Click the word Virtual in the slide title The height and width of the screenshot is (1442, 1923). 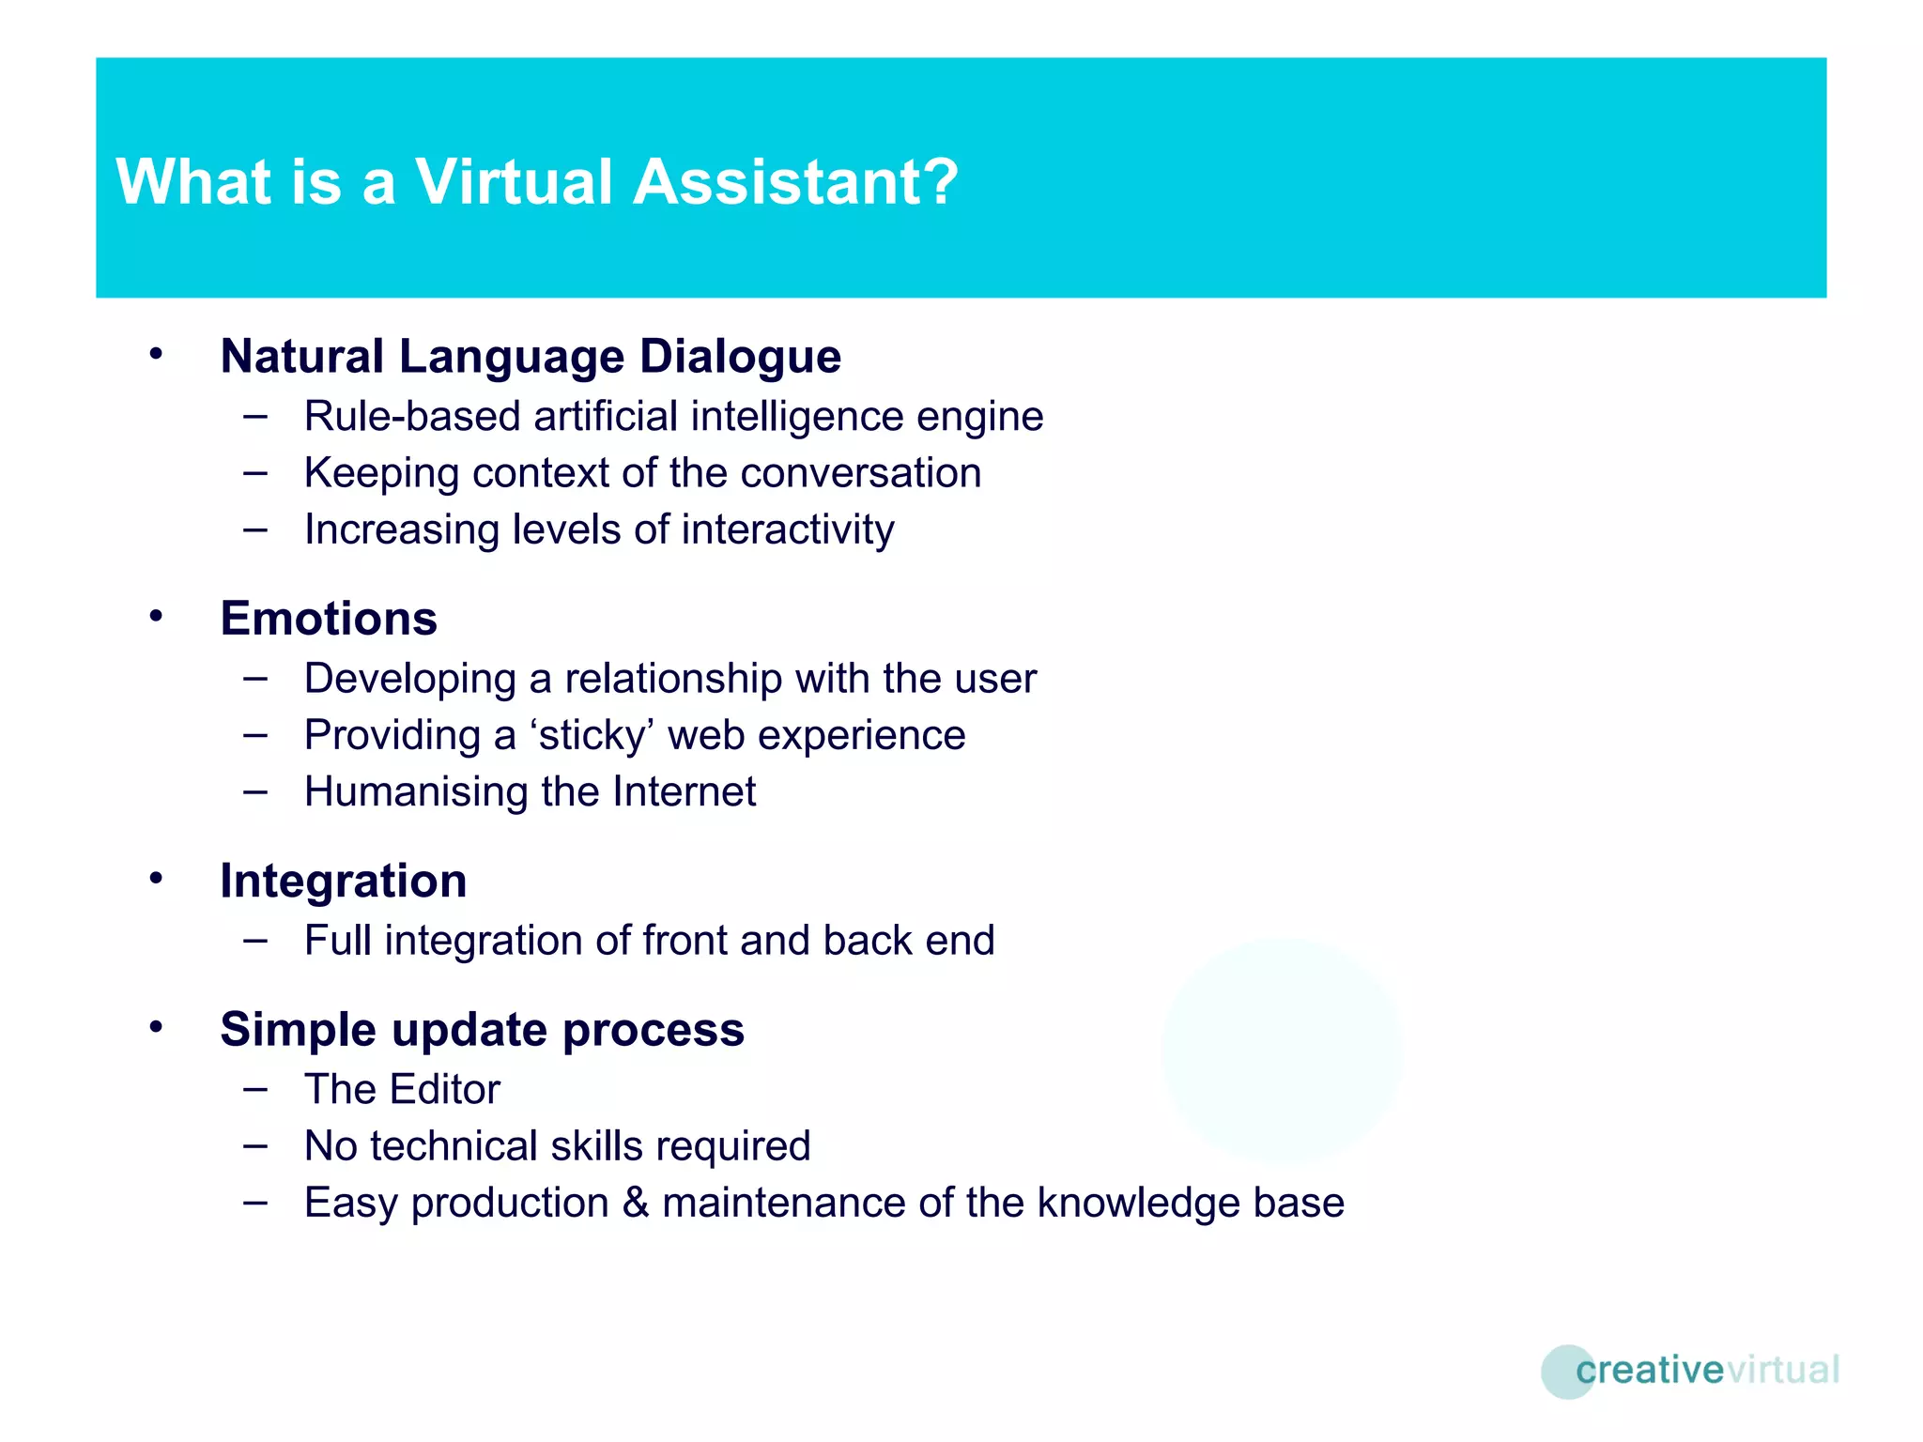point(514,181)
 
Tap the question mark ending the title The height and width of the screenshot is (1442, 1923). point(940,181)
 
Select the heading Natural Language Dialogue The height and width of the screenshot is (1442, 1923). point(531,357)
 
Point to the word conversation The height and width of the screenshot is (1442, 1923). point(860,473)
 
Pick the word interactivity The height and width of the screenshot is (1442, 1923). point(788,530)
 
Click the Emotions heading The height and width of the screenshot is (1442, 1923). point(329,619)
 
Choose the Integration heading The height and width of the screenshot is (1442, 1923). point(343,882)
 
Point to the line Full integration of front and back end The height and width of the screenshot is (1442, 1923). point(649,941)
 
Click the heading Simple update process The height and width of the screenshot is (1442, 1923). point(482,1030)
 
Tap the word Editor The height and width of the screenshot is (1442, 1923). point(445,1090)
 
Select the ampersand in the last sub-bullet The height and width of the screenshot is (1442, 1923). point(636,1203)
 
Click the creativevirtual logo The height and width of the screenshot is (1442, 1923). point(1690,1371)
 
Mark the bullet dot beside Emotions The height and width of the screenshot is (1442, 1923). point(156,617)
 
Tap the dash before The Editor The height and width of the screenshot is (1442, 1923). point(254,1090)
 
